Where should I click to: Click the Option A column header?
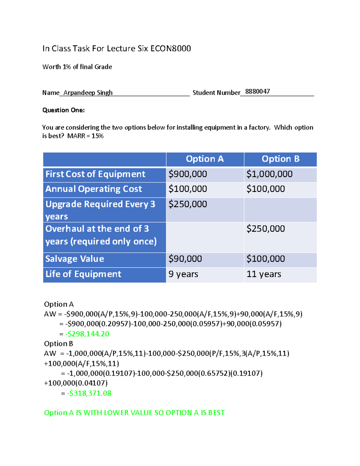pos(205,159)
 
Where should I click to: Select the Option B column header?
pos(280,159)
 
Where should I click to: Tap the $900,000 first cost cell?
pos(188,174)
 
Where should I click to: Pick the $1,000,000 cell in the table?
pos(269,174)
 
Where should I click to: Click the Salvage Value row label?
pos(75,259)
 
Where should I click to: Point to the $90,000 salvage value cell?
pos(185,259)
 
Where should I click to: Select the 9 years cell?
pos(183,274)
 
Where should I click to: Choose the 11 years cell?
pos(264,274)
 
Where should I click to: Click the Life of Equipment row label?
pos(83,274)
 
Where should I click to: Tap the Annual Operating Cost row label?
pos(94,189)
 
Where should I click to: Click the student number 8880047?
pos(257,92)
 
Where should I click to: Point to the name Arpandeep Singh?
pos(88,93)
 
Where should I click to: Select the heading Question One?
pos(64,110)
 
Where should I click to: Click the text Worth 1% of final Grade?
pos(77,67)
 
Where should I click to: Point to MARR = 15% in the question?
pos(85,136)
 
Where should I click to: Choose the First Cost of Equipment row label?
pos(95,174)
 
